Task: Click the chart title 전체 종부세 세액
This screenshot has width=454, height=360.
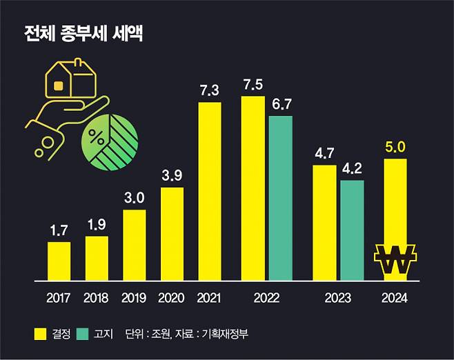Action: click(x=83, y=34)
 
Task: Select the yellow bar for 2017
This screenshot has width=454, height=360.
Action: click(x=59, y=261)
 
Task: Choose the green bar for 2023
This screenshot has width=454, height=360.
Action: click(x=352, y=230)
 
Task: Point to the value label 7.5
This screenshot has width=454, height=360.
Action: click(x=253, y=85)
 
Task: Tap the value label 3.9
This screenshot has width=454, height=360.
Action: click(x=172, y=175)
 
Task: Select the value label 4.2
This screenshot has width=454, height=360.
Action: click(x=352, y=169)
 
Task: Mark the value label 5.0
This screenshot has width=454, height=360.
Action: click(x=394, y=147)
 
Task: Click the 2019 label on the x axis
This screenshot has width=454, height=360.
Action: click(x=134, y=299)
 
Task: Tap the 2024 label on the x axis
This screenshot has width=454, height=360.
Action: click(x=394, y=299)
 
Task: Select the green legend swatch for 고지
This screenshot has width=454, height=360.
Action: click(x=82, y=334)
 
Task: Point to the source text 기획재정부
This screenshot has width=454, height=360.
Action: click(x=228, y=334)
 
